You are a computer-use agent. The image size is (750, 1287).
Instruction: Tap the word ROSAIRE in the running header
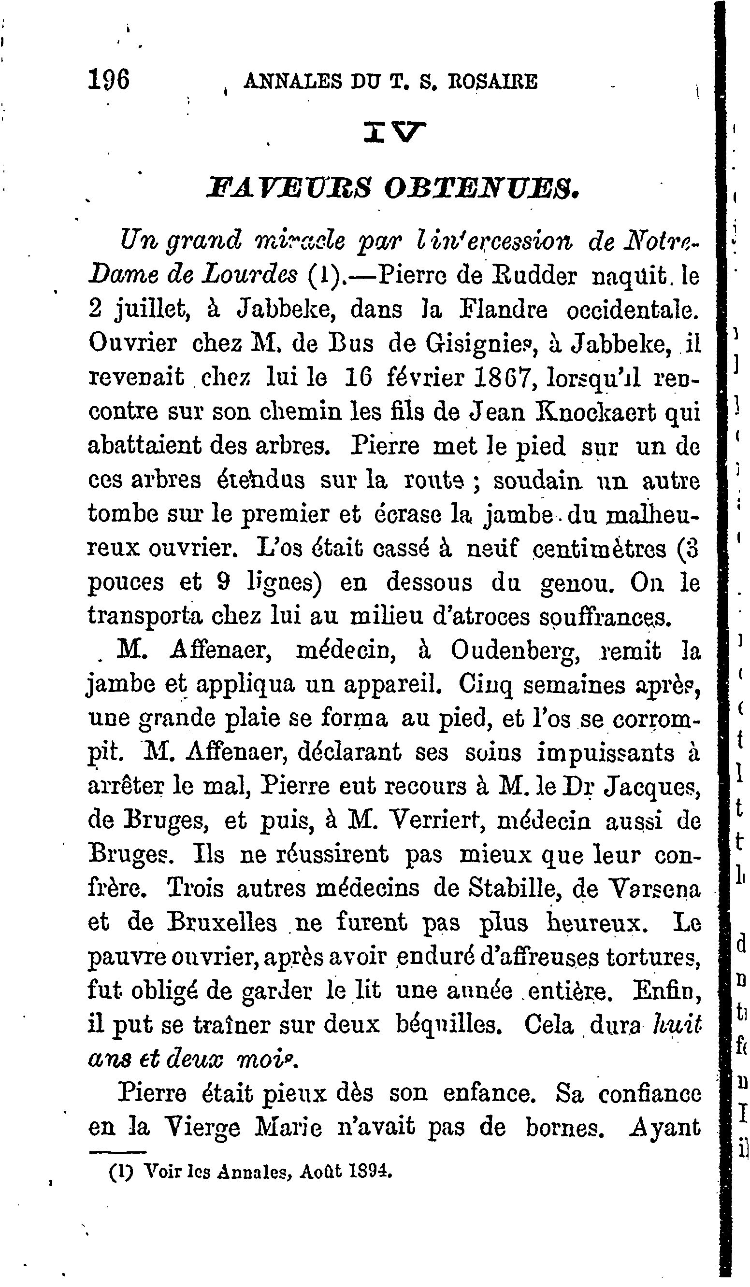(492, 82)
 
